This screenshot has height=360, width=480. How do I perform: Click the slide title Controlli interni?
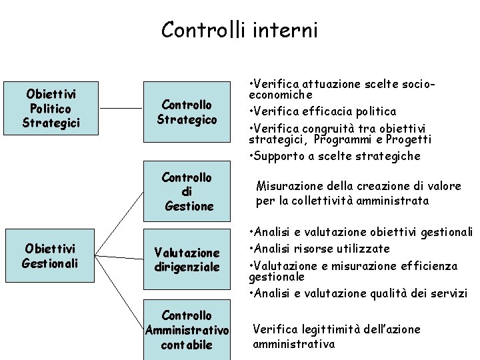[x=239, y=30]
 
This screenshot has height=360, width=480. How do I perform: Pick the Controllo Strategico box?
[x=187, y=112]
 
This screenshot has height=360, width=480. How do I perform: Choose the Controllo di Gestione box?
[x=187, y=191]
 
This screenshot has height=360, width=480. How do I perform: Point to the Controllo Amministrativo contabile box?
[x=187, y=330]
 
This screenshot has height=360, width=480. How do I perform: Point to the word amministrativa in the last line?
[x=293, y=344]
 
